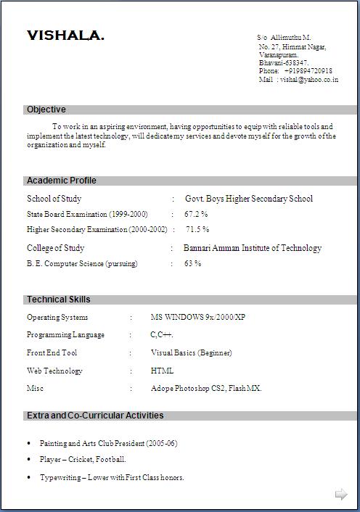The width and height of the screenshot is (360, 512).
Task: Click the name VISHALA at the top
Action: (65, 36)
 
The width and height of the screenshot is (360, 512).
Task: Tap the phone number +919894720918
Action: (308, 71)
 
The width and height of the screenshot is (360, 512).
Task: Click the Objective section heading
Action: (46, 110)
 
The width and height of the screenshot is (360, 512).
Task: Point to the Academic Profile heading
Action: (61, 181)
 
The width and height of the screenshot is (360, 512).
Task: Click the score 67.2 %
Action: (196, 214)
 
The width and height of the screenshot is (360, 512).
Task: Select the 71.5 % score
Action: (197, 229)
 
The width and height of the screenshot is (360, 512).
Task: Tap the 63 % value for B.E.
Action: (192, 263)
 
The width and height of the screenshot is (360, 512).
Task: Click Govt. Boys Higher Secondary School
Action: (249, 199)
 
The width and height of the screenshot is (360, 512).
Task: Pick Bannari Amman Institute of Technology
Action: (252, 248)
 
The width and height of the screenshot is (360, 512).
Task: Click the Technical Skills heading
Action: (58, 300)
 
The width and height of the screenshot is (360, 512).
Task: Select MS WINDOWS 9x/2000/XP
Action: (198, 318)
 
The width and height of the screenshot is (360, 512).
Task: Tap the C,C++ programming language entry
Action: (162, 335)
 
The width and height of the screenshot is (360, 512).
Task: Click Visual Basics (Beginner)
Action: (191, 352)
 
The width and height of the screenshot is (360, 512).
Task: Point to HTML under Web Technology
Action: (162, 371)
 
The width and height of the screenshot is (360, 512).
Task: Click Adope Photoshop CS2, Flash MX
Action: (206, 388)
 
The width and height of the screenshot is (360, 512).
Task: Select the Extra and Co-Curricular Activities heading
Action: (95, 416)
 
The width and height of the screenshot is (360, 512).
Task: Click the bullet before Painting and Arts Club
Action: (28, 443)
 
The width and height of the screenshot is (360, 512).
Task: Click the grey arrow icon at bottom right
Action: (341, 495)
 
